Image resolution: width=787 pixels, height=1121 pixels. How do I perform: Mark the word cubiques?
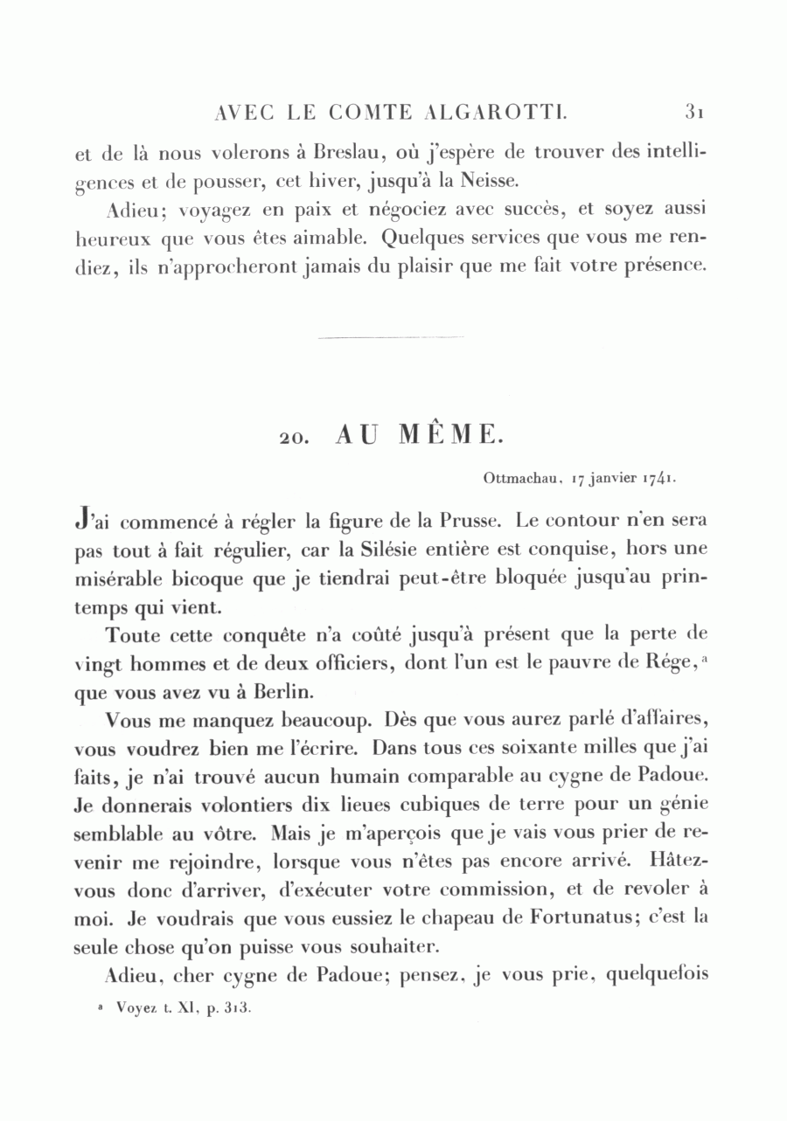pyautogui.click(x=447, y=808)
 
